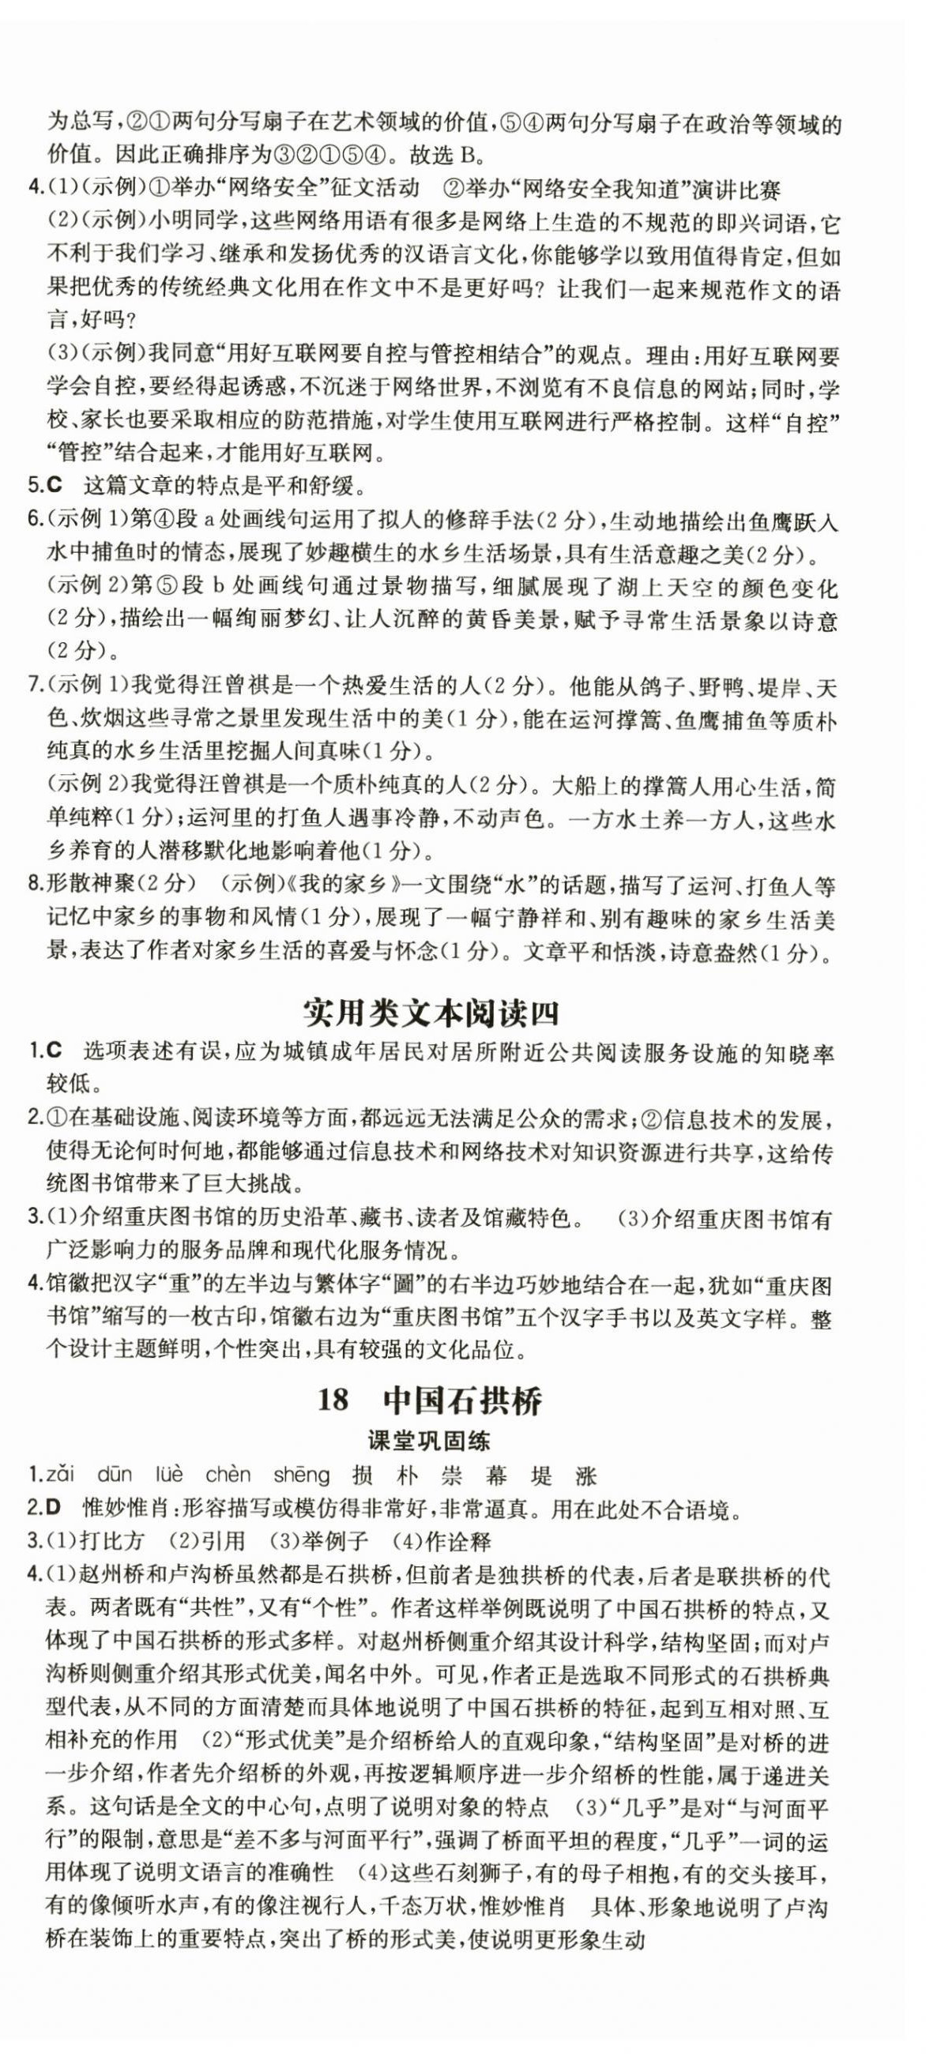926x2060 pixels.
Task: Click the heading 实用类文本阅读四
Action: [431, 1013]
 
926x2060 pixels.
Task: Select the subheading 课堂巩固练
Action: [427, 1440]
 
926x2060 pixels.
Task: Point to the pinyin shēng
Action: [301, 1475]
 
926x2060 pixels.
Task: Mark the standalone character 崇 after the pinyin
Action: [452, 1475]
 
